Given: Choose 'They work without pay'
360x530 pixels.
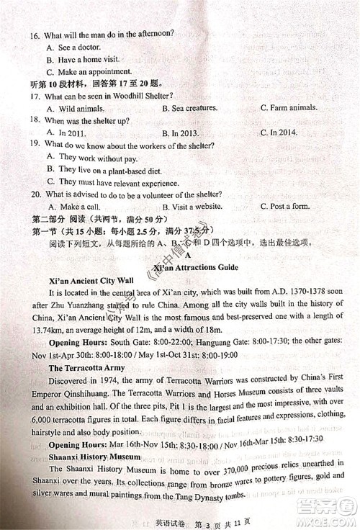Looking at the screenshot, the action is click(x=91, y=158).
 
